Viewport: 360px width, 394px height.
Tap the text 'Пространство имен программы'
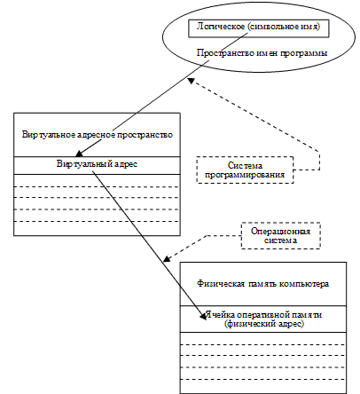(259, 54)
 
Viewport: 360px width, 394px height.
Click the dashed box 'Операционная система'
(279, 234)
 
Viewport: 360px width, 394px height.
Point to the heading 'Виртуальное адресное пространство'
(96, 135)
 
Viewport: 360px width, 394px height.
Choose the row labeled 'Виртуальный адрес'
(96, 165)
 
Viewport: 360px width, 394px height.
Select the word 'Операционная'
(279, 229)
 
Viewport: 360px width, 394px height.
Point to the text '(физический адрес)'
(262, 325)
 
